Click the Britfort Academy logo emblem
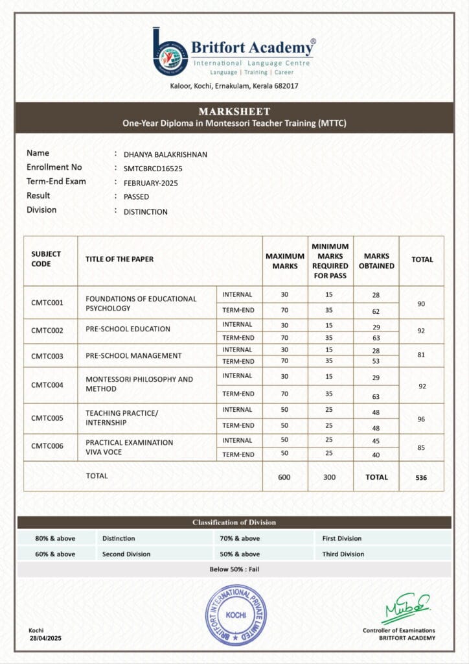click(170, 52)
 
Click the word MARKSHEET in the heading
click(234, 112)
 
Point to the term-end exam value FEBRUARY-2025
click(150, 183)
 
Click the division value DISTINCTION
click(145, 211)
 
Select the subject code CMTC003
click(47, 356)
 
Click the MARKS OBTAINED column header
click(376, 261)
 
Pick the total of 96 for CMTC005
click(421, 419)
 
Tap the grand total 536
click(421, 477)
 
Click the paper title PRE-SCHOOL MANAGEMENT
click(133, 355)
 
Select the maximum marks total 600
click(284, 477)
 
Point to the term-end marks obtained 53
click(376, 361)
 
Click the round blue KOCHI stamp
click(236, 614)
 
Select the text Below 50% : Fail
click(234, 569)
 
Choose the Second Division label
click(126, 554)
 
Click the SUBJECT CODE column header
click(45, 259)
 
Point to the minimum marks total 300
click(330, 477)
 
